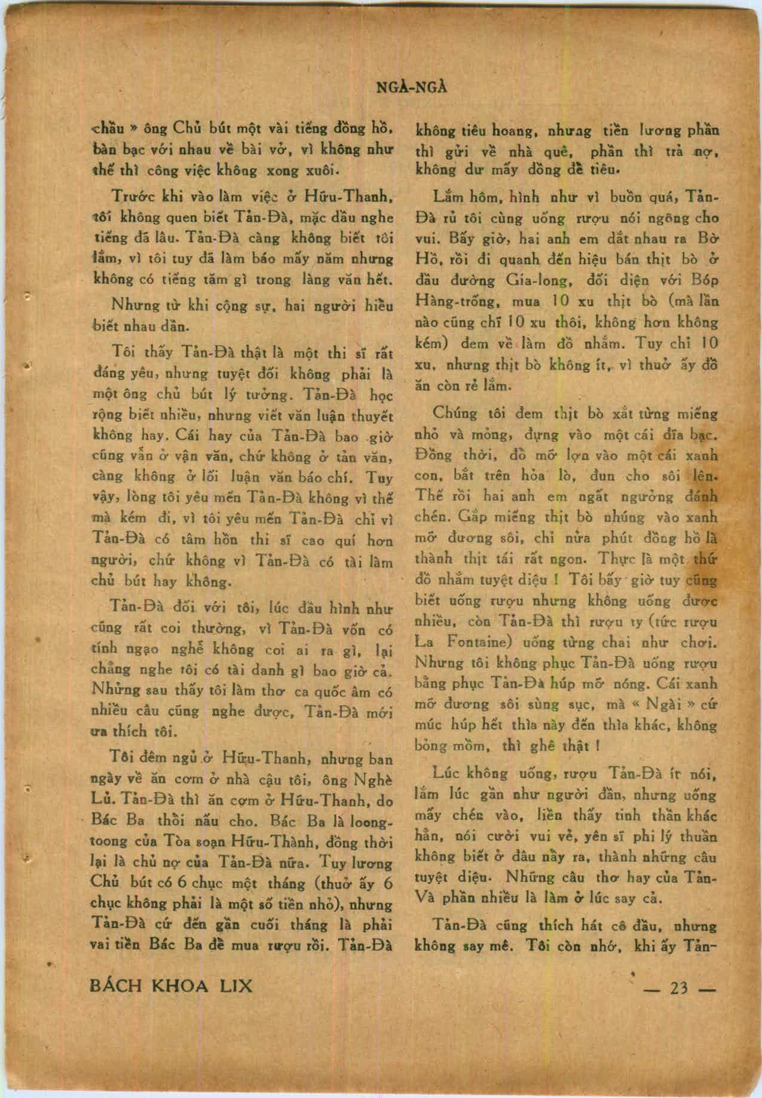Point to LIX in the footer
pyautogui.click(x=237, y=986)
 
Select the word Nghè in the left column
pyautogui.click(x=373, y=781)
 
